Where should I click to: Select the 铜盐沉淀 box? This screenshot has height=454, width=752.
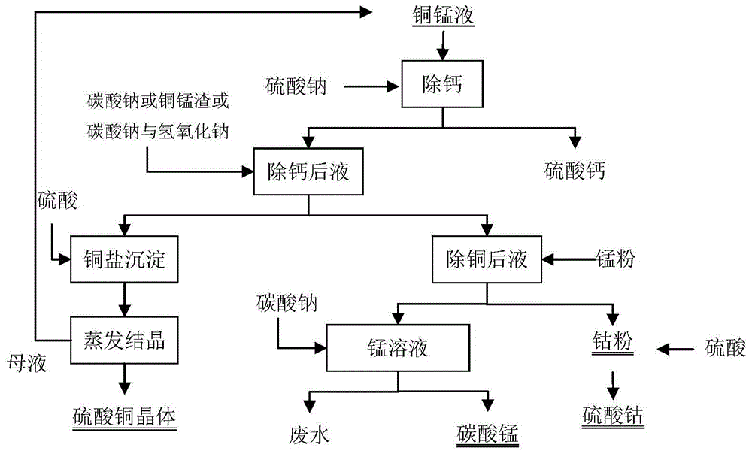pyautogui.click(x=123, y=261)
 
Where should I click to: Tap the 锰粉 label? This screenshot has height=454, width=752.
pyautogui.click(x=616, y=260)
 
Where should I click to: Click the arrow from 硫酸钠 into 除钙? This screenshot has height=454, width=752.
pyautogui.click(x=374, y=86)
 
